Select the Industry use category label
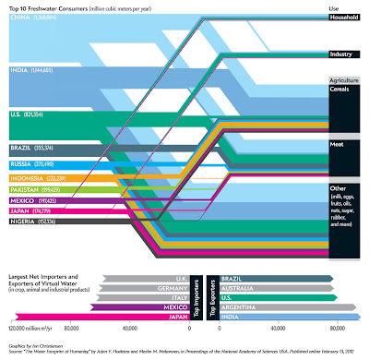tap(339, 54)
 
